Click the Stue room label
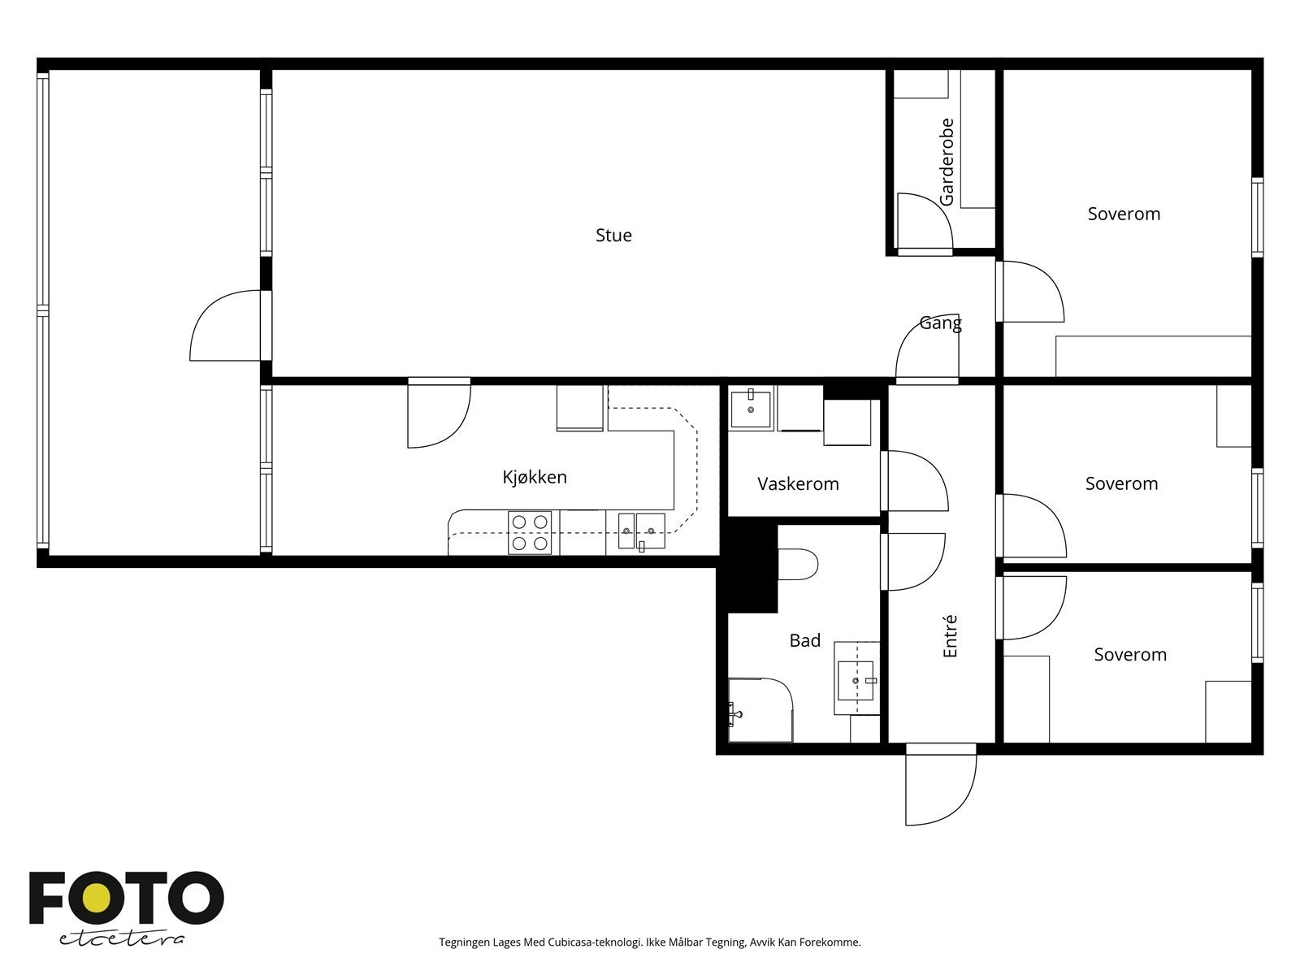613,235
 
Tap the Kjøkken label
534,477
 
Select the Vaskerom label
798,483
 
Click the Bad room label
805,640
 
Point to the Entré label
949,636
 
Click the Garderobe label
947,162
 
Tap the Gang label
941,323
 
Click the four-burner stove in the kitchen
530,533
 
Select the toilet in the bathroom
798,564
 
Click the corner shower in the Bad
760,710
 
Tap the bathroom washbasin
856,681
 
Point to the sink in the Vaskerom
751,408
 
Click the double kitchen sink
641,531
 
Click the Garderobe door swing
925,221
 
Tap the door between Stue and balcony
226,325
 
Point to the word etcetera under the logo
121,939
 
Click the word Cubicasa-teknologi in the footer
595,942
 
